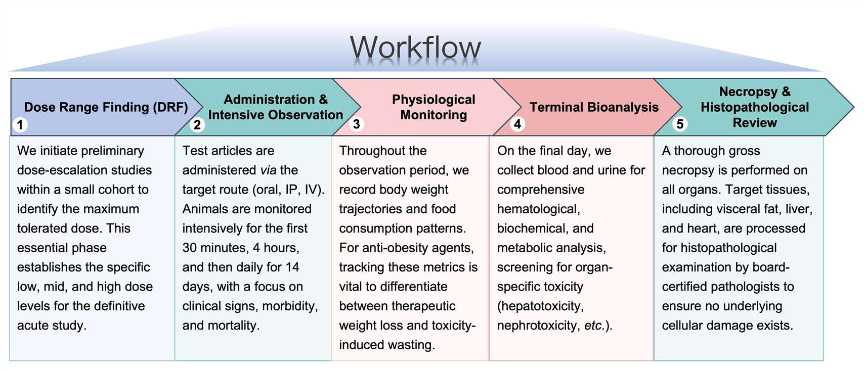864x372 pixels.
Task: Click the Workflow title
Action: point(415,48)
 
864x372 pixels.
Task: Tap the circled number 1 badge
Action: point(20,124)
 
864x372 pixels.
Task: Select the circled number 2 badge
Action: point(197,124)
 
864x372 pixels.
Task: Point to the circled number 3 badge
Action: point(357,124)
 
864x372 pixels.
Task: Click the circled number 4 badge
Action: point(517,124)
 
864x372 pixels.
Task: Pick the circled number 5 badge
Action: point(680,124)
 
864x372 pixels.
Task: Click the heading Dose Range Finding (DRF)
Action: point(106,107)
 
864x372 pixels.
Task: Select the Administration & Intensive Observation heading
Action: point(275,107)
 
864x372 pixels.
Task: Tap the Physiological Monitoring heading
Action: point(434,107)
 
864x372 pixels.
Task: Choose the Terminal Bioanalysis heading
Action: point(594,107)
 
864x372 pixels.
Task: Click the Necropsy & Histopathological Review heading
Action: point(754,107)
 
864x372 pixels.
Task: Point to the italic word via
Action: point(268,170)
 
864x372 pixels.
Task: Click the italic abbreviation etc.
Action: point(594,325)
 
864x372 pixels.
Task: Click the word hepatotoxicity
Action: point(540,306)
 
